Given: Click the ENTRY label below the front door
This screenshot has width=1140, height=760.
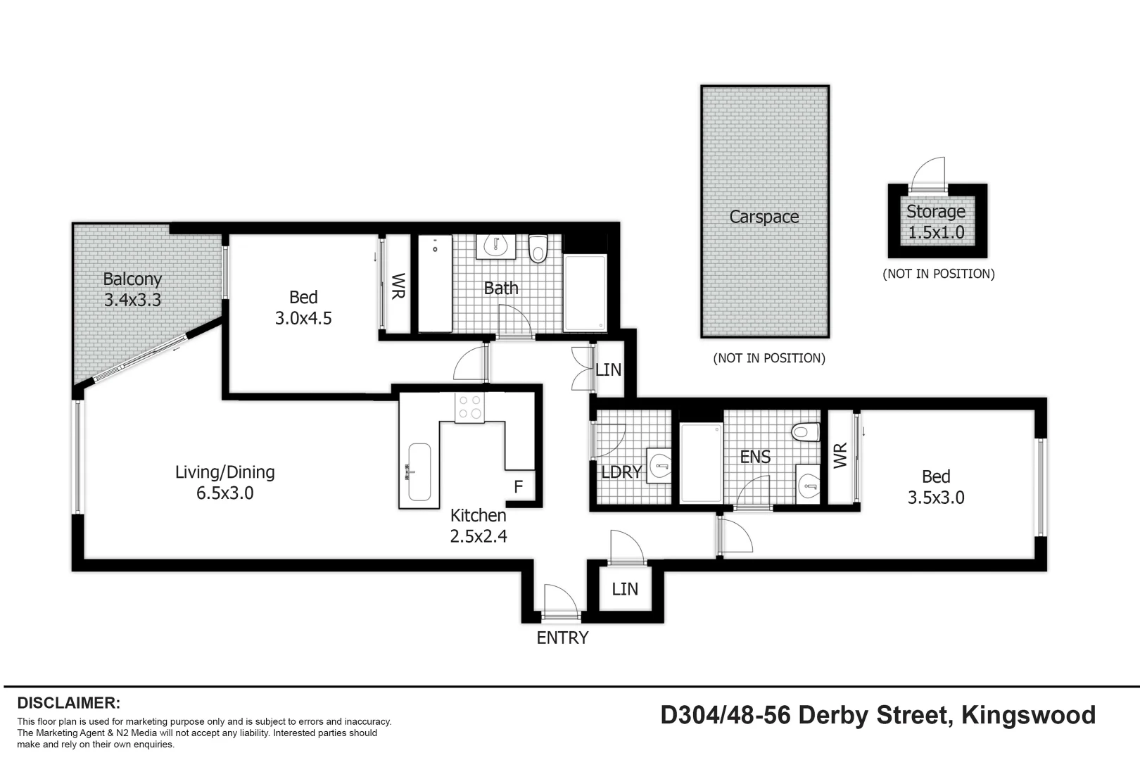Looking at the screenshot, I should pos(562,638).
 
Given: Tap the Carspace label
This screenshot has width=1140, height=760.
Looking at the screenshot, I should pos(764,217).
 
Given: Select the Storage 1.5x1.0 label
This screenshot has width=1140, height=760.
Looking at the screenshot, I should pos(936,222).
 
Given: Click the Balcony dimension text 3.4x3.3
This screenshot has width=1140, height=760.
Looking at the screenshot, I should pos(132,300).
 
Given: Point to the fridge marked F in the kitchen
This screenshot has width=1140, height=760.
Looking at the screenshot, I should pos(519,486).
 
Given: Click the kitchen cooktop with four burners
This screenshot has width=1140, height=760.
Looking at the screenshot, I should pos(469,407).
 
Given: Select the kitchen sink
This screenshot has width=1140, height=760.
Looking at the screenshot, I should pos(419,471).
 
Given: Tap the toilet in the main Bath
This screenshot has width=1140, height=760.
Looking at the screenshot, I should pos(538,248).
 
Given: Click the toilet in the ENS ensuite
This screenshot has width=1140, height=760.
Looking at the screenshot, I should pos(805,431).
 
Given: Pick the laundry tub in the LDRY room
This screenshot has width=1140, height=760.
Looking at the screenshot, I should pos(660,464).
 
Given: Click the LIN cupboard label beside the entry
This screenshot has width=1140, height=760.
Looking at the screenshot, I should pos(625,589).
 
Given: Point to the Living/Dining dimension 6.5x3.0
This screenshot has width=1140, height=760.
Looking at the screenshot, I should pos(225,493).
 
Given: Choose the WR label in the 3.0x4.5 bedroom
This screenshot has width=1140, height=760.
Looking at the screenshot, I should pos(398,286).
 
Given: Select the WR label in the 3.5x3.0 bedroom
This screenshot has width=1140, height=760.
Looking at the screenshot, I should pos(840,455).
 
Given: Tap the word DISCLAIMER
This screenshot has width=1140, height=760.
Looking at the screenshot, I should pos(69,702).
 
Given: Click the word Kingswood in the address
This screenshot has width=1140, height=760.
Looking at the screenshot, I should pos(1028,715).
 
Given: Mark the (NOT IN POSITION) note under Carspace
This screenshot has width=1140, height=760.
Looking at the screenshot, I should pos(769,358).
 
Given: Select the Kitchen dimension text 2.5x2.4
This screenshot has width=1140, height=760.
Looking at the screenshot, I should pos(479,536).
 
